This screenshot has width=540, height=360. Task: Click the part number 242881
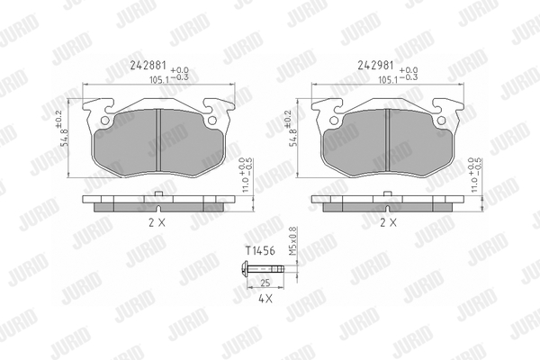click(148, 65)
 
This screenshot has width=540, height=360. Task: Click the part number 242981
click(375, 65)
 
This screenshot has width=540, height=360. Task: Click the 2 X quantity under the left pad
click(157, 223)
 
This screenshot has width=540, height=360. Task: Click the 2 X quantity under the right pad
click(388, 223)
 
